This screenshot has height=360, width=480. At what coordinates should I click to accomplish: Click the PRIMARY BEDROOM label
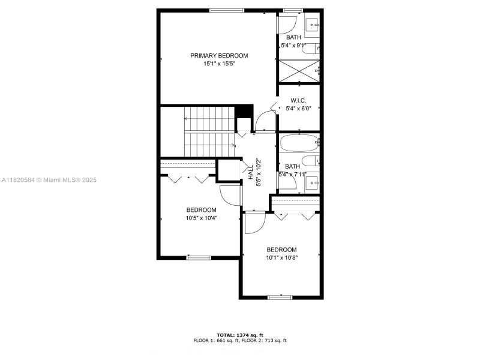[219, 56]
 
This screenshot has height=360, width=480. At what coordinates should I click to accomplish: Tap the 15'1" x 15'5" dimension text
[219, 64]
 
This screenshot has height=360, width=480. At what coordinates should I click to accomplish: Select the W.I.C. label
[299, 100]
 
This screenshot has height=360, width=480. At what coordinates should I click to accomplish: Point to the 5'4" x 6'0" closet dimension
[299, 108]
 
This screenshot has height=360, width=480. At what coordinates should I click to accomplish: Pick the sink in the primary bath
[313, 25]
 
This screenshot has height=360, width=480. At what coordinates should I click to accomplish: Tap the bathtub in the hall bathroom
[298, 144]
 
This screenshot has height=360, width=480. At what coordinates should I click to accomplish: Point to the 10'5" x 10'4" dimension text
[202, 218]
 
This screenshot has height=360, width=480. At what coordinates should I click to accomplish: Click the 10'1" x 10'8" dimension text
[282, 257]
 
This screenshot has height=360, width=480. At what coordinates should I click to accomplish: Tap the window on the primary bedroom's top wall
[227, 10]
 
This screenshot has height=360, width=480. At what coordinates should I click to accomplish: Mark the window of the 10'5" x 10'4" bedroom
[199, 258]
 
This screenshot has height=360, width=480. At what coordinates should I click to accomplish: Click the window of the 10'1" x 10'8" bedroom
[280, 297]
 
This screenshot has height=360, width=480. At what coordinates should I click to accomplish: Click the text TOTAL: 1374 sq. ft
[240, 335]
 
